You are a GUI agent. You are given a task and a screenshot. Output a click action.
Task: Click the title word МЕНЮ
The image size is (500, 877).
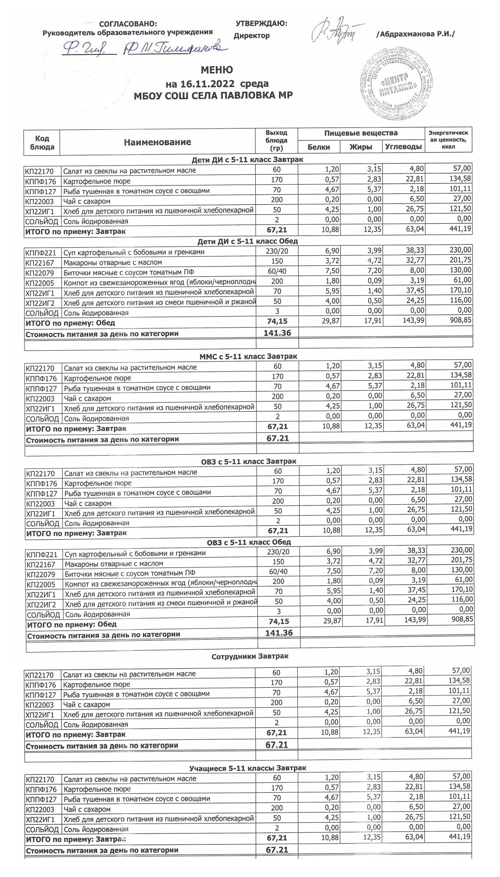(217, 70)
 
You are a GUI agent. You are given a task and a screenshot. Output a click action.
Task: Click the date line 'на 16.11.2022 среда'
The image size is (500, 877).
(217, 84)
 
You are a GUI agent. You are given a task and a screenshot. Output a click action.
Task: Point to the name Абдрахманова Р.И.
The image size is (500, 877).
(416, 34)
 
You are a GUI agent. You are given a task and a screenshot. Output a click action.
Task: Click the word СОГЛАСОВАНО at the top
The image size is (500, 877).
(128, 24)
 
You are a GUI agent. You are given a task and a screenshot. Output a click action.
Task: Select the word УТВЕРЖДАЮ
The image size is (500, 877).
(261, 23)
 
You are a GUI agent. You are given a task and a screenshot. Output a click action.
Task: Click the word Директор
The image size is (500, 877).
(252, 36)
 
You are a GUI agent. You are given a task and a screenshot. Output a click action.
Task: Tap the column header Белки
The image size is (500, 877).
(319, 147)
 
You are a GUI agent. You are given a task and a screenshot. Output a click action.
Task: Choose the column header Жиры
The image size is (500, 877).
(361, 147)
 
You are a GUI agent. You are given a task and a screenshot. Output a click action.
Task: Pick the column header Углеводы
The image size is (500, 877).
(403, 146)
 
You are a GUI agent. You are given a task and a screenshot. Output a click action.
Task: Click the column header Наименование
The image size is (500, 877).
(157, 142)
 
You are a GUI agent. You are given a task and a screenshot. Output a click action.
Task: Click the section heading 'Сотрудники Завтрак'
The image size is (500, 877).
(250, 656)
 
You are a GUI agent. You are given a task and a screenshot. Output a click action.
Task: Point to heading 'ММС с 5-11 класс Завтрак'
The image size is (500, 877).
(248, 357)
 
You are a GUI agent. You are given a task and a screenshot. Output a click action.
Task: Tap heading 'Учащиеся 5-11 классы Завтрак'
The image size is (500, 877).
(248, 768)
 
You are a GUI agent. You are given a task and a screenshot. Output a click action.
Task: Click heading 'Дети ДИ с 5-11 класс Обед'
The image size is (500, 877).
(248, 241)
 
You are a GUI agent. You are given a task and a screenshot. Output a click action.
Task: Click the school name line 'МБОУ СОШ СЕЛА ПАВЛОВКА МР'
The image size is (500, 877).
(213, 96)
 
